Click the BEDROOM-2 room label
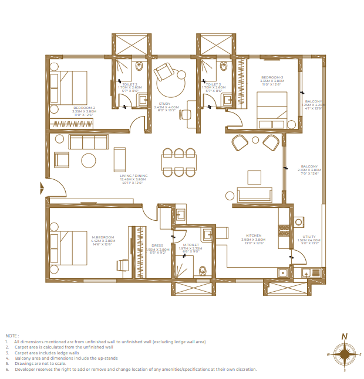(84, 108)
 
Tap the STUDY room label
(166, 104)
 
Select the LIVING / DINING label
(133, 176)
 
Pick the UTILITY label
(308, 237)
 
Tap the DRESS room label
(157, 245)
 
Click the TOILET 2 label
(130, 84)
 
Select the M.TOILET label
(190, 245)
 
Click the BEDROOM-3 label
(272, 77)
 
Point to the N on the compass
(345, 336)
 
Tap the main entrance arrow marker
(42, 188)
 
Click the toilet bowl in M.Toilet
(203, 271)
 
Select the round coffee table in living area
(89, 160)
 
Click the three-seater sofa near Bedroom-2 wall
(89, 142)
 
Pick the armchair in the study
(164, 73)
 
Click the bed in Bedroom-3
(272, 109)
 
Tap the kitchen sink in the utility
(309, 272)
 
